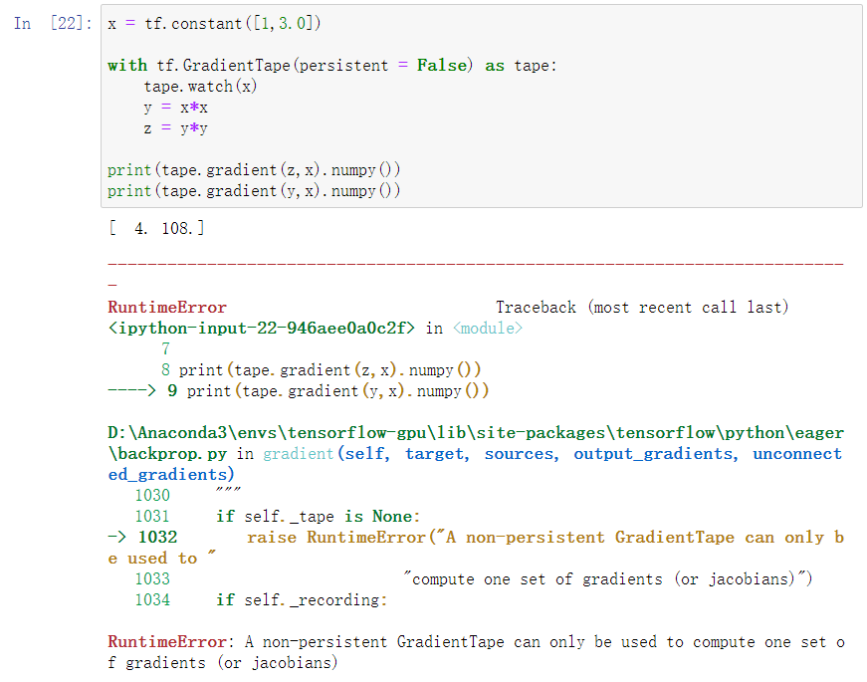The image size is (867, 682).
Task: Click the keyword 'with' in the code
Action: point(126,65)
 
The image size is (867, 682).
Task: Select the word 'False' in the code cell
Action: point(442,65)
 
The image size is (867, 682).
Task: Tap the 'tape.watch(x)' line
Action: point(200,86)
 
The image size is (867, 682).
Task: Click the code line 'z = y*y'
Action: point(175,127)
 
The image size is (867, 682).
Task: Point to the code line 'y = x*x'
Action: point(175,107)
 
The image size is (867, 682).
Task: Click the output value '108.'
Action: point(182,229)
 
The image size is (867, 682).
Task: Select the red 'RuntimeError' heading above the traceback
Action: point(167,307)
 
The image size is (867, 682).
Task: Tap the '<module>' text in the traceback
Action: point(487,328)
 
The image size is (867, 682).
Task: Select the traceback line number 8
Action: point(165,369)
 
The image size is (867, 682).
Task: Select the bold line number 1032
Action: point(157,537)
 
